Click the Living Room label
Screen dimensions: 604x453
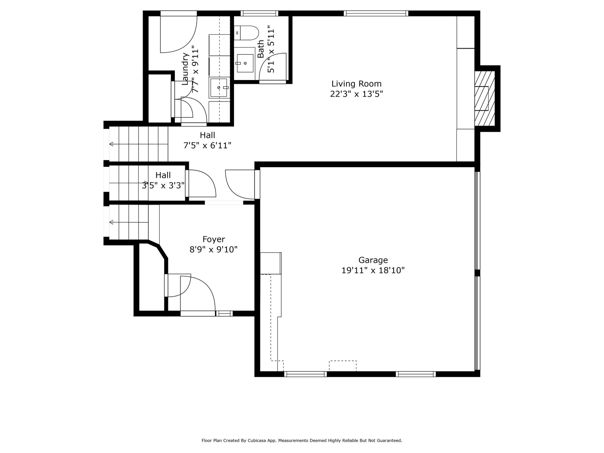pyautogui.click(x=356, y=83)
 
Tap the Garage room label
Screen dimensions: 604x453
pyautogui.click(x=373, y=260)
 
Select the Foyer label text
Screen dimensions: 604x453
pyautogui.click(x=214, y=239)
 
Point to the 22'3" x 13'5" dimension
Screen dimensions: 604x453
pyautogui.click(x=356, y=94)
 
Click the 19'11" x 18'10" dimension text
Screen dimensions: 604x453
pyautogui.click(x=373, y=270)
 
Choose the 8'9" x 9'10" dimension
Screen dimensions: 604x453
pyautogui.click(x=214, y=250)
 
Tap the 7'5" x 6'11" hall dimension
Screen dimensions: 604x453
pyautogui.click(x=207, y=145)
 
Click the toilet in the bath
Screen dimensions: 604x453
pyautogui.click(x=246, y=33)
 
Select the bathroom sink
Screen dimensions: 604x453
pyautogui.click(x=245, y=63)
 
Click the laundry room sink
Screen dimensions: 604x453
pyautogui.click(x=219, y=88)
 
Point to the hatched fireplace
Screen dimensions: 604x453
pyautogui.click(x=485, y=98)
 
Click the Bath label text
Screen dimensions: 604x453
pyautogui.click(x=260, y=49)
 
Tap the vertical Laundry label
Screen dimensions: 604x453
pyautogui.click(x=185, y=69)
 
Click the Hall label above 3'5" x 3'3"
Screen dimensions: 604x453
pyautogui.click(x=163, y=175)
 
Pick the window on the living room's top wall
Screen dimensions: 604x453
pyautogui.click(x=376, y=13)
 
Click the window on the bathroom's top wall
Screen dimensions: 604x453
pyautogui.click(x=259, y=13)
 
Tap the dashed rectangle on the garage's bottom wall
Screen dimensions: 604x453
pyautogui.click(x=343, y=366)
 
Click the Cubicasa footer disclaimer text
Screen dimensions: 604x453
pyautogui.click(x=302, y=441)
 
